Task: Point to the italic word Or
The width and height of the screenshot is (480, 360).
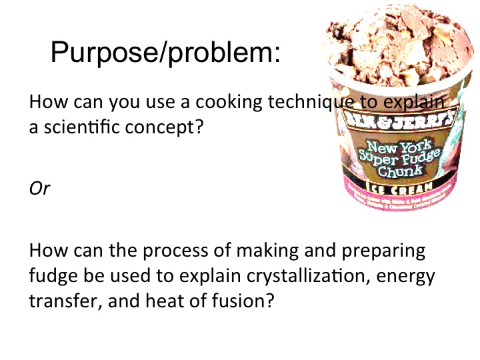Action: (39, 189)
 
